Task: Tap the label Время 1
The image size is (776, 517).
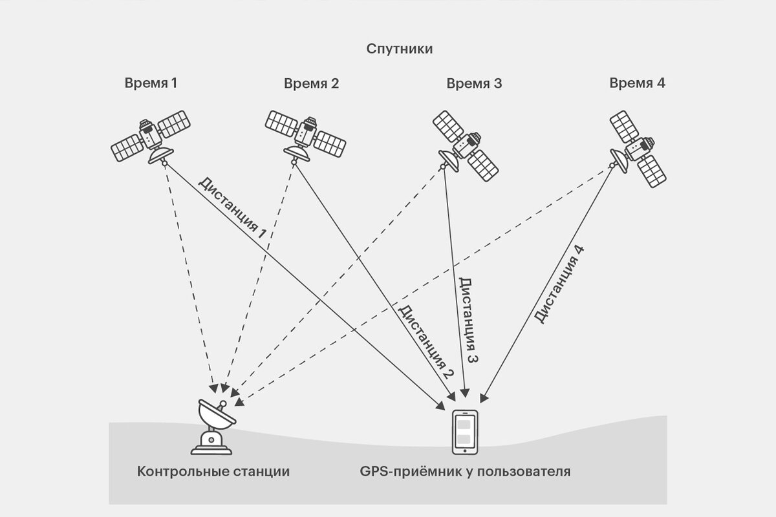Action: tap(151, 83)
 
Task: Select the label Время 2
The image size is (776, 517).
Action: tap(311, 83)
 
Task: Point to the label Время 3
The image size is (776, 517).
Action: tap(474, 83)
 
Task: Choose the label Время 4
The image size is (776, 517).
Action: tap(637, 83)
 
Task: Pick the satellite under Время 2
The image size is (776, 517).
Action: tap(305, 135)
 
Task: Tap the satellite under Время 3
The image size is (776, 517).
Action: tap(466, 145)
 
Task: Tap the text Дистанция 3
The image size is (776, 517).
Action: tap(469, 320)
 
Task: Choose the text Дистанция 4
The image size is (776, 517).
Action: tap(561, 284)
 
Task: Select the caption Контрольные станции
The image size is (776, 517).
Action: tap(213, 471)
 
